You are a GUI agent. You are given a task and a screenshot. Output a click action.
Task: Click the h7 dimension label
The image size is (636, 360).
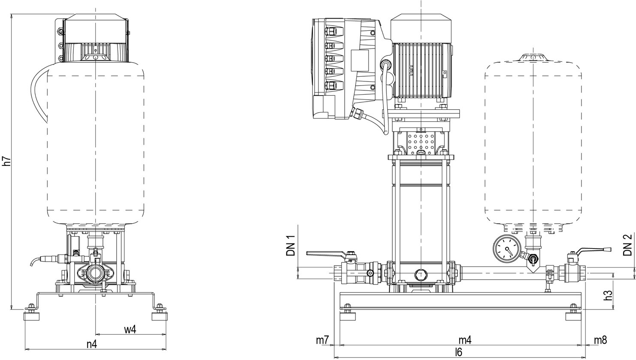pyautogui.click(x=6, y=162)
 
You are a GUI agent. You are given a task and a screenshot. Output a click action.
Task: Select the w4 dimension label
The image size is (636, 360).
pyautogui.click(x=130, y=330)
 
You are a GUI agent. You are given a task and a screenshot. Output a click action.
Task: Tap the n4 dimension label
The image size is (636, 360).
pyautogui.click(x=92, y=344)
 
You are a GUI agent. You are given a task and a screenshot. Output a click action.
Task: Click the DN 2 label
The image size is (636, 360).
pyautogui.click(x=628, y=245)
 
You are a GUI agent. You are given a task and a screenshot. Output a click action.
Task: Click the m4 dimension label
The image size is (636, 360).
pyautogui.click(x=465, y=340)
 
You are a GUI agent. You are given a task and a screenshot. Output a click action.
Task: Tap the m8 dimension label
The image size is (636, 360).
pyautogui.click(x=600, y=340)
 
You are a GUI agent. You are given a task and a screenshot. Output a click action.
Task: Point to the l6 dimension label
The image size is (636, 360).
pyautogui.click(x=458, y=352)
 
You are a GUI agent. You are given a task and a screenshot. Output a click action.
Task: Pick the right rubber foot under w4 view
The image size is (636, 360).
pyautogui.click(x=160, y=316)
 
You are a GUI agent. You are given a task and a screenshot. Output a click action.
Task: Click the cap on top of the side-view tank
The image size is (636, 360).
pyautogui.click(x=532, y=58)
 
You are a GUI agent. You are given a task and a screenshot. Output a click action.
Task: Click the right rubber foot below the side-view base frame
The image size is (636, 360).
pyautogui.click(x=574, y=316)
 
